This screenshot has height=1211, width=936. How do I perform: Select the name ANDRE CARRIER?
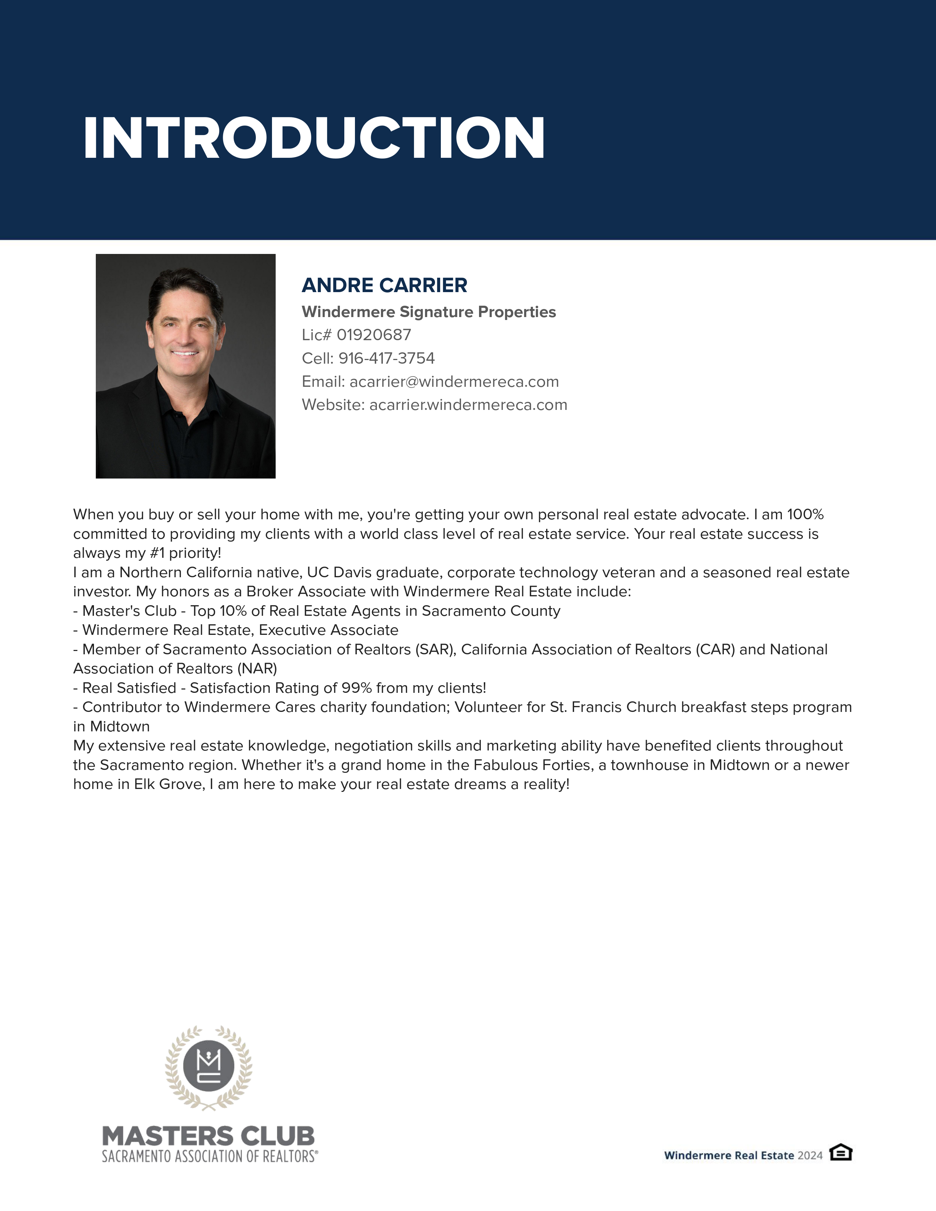tap(384, 286)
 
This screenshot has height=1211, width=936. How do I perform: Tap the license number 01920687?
tap(374, 335)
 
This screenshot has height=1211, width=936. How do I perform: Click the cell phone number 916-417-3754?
tap(387, 358)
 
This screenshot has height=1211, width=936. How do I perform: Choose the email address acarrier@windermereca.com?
tap(454, 382)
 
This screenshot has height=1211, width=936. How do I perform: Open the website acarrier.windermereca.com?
tap(468, 405)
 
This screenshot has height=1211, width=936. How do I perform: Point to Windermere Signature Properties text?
tap(429, 312)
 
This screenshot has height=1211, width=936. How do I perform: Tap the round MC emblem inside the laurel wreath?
tap(208, 1066)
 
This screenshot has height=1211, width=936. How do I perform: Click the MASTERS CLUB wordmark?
tap(208, 1136)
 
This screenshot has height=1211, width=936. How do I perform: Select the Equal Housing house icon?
tap(841, 1152)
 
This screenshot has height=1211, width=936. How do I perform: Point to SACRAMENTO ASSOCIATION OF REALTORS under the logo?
tap(210, 1157)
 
